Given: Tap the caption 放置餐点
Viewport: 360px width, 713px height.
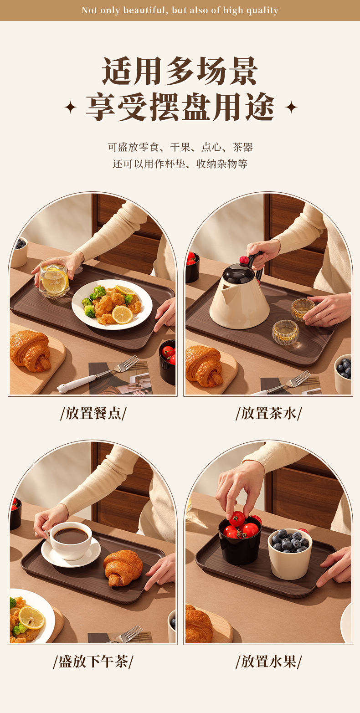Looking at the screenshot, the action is point(93,414).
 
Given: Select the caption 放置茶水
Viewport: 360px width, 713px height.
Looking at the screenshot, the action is point(269,414).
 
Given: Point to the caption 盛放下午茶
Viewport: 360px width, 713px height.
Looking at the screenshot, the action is point(93,662).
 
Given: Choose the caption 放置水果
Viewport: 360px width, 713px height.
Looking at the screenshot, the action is point(269,662).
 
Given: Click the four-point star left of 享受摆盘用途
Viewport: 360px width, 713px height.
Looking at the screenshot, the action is point(70,107).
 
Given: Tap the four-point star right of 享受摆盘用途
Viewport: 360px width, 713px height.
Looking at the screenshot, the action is point(291,107).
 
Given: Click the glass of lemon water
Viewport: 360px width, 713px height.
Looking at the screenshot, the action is point(54,278).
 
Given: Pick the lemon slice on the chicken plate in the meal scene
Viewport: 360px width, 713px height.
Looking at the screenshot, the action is point(123,314).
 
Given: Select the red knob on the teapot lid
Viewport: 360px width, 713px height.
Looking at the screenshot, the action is point(244,260).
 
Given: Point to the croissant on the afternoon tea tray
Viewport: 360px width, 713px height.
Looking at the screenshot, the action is point(123,568).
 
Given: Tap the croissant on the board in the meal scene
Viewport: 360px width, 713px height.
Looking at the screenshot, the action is point(31,351).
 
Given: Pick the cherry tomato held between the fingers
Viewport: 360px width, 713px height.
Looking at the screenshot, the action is point(237,519).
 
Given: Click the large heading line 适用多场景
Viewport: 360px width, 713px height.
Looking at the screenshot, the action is point(180,71).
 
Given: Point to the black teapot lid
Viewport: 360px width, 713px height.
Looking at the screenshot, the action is point(238,273).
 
